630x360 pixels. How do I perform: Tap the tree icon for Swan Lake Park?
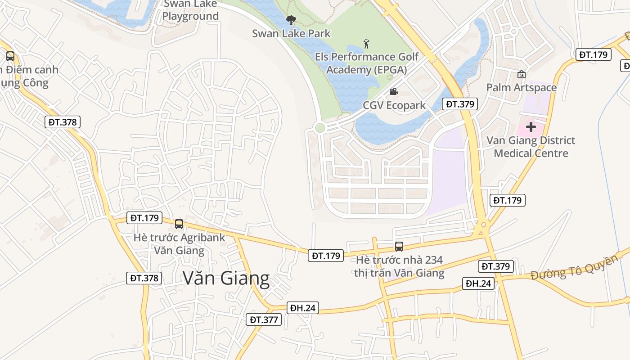[291, 20]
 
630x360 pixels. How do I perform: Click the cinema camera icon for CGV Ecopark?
[394, 92]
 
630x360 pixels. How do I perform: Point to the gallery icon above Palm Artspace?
[522, 74]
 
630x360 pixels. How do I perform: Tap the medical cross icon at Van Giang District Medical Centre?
[531, 127]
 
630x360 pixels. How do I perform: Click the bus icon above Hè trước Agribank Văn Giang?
[179, 224]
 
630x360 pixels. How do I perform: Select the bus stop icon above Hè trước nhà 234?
[399, 246]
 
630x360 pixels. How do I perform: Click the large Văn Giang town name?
[226, 279]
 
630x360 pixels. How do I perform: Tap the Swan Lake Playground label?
[190, 10]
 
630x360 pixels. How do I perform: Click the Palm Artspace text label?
[522, 87]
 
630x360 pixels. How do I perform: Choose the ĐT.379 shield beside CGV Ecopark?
[459, 104]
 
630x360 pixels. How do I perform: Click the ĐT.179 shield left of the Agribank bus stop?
[144, 218]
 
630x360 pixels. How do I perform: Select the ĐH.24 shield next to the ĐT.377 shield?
[303, 308]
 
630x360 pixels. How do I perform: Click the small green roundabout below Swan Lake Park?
[320, 128]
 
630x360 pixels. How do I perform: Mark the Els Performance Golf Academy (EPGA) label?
[367, 63]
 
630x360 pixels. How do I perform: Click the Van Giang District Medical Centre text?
[531, 147]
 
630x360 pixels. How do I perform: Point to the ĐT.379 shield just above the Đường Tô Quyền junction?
[495, 266]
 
